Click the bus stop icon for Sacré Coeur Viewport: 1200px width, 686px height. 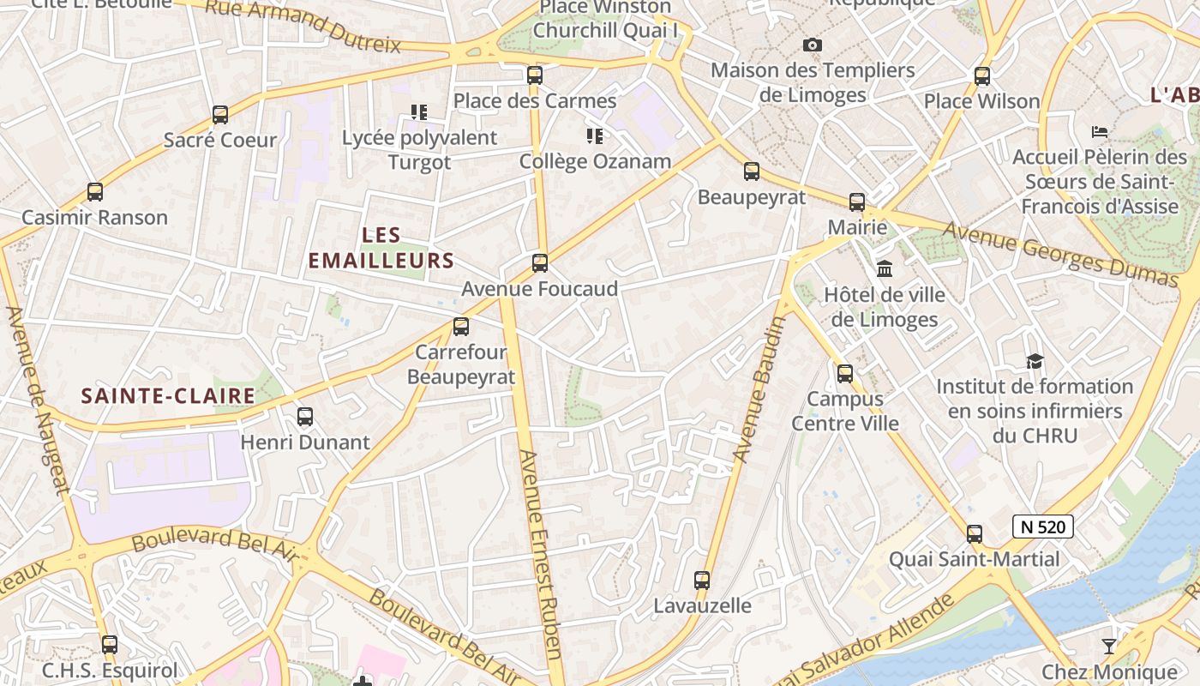click(220, 115)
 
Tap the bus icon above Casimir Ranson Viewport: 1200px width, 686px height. click(95, 192)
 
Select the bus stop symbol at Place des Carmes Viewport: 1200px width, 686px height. click(535, 75)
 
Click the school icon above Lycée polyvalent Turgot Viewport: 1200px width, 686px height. click(419, 112)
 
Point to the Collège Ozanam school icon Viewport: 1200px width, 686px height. click(595, 136)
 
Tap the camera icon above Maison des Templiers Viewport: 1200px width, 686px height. click(813, 45)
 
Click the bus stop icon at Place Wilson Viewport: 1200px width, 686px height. click(982, 76)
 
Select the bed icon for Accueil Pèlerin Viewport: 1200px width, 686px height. click(1100, 132)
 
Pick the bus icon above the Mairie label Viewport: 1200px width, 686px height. click(857, 202)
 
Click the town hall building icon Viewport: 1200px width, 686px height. click(885, 269)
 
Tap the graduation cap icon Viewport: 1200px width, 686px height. click(1035, 361)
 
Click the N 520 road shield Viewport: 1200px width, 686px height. click(1042, 527)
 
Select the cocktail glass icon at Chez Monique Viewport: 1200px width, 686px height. click(1109, 646)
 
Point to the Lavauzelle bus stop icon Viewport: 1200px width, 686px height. click(702, 581)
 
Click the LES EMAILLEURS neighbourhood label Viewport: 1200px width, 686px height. click(381, 248)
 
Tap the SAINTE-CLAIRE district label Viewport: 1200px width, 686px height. click(168, 395)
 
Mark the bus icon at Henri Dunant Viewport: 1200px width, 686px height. click(305, 418)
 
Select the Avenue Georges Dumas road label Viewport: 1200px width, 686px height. click(1060, 254)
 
